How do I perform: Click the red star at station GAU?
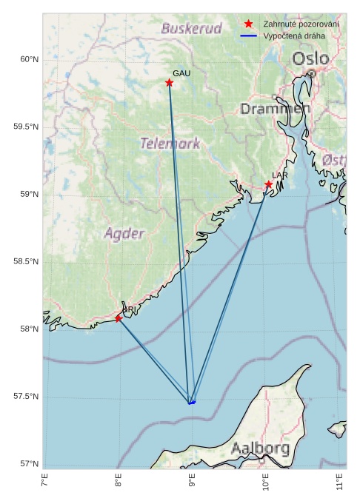[170, 83]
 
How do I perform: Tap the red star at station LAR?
[269, 184]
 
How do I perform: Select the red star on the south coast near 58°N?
[119, 319]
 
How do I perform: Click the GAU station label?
[181, 73]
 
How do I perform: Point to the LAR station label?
[279, 175]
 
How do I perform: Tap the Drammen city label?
[275, 109]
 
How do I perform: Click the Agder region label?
[124, 234]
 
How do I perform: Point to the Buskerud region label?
[191, 29]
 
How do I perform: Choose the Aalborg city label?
[260, 448]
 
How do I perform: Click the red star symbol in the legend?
[249, 24]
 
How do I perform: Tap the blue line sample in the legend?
[249, 36]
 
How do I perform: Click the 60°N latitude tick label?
[27, 59]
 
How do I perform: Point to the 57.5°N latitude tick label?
[25, 397]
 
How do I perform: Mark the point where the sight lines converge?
[191, 403]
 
